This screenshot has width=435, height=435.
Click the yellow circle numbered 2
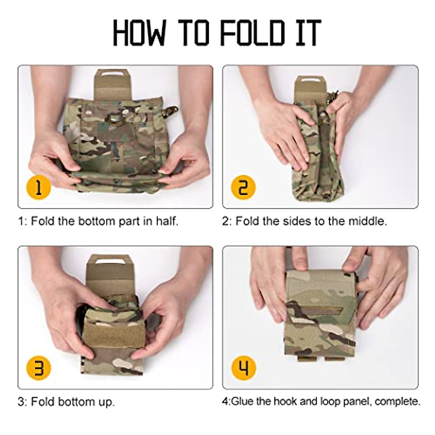243,187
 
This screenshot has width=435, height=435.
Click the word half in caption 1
167,221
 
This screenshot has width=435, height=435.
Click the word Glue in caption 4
243,401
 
